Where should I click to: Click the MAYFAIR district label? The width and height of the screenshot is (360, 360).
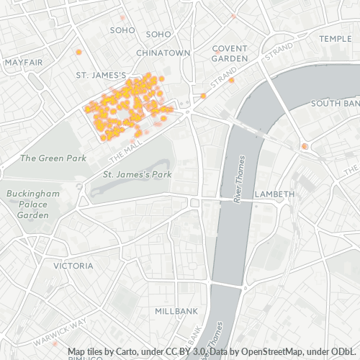(24, 63)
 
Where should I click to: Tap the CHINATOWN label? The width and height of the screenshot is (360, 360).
(163, 53)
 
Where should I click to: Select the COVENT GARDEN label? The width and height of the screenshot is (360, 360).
(230, 53)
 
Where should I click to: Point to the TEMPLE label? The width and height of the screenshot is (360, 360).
(336, 38)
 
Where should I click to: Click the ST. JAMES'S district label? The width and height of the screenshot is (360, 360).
(102, 75)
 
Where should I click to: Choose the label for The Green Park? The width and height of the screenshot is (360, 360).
(53, 158)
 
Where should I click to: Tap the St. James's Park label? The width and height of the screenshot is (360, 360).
(136, 174)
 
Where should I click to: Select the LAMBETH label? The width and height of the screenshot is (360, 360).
(274, 194)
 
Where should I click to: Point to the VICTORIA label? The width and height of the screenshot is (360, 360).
(73, 266)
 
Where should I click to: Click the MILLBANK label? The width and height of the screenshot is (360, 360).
(176, 311)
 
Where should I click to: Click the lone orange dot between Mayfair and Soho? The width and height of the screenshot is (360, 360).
(78, 52)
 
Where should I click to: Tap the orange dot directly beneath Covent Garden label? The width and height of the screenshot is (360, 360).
(231, 81)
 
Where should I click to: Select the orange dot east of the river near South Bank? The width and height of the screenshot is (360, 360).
(305, 146)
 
